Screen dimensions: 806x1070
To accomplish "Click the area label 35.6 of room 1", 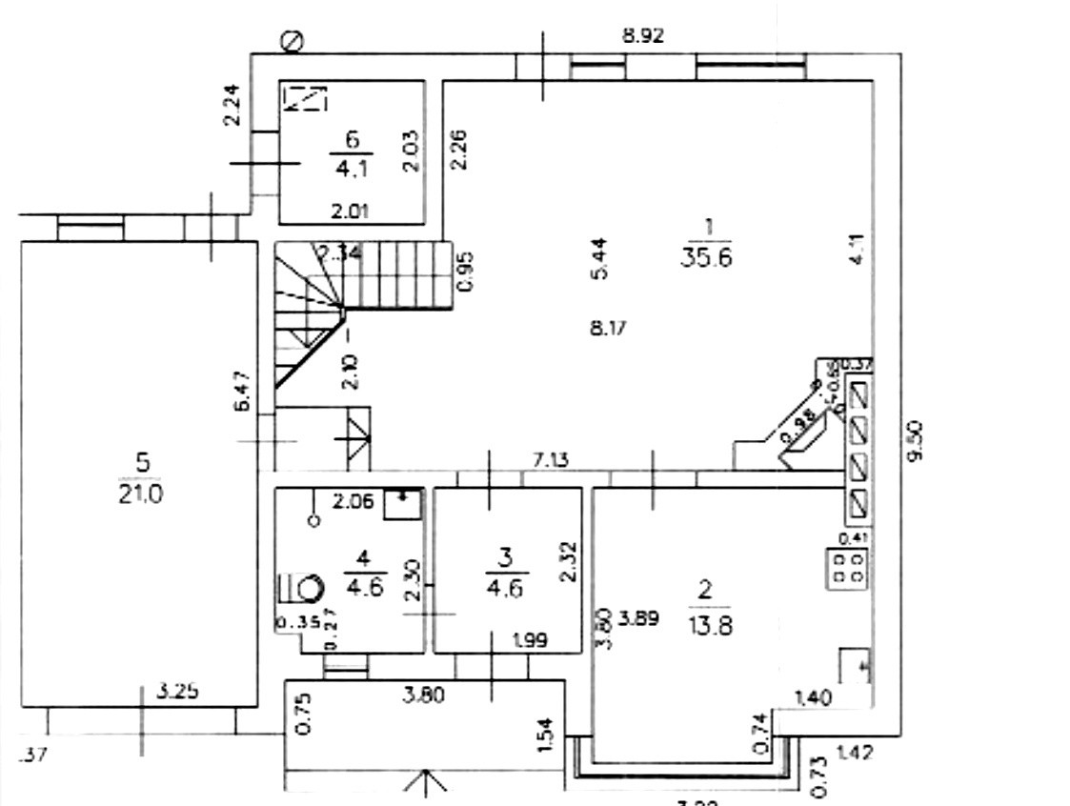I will (x=706, y=257).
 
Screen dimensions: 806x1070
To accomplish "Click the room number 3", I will (x=505, y=556).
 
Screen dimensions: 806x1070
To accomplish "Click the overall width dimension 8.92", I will (x=642, y=36).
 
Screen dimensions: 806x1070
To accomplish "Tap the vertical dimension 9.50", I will (x=916, y=443).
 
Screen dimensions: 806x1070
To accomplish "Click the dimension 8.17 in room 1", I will (x=609, y=330).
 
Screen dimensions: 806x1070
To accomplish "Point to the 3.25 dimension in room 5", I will (x=177, y=693).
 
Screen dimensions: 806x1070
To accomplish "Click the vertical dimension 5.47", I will (x=243, y=391).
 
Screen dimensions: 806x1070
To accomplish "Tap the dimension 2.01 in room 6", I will (x=350, y=212).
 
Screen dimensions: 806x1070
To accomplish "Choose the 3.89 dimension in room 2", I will (x=639, y=618).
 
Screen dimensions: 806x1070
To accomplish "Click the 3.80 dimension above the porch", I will (x=423, y=696).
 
